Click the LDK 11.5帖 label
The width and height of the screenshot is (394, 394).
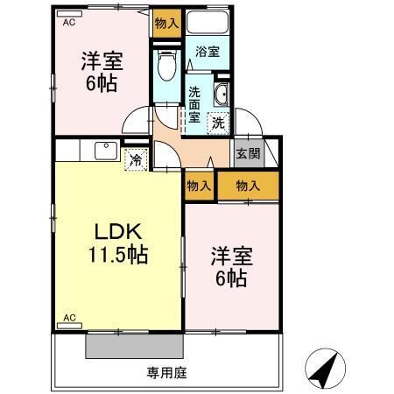pos(117,244)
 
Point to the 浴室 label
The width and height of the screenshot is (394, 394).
pos(208,53)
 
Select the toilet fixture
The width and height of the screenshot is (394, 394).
pos(165,65)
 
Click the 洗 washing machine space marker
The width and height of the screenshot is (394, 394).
pos(219,123)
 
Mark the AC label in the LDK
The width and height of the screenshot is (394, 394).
pos(69,317)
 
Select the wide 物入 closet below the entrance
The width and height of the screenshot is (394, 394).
pos(248,185)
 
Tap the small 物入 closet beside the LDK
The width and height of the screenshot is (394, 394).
pos(199,185)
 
